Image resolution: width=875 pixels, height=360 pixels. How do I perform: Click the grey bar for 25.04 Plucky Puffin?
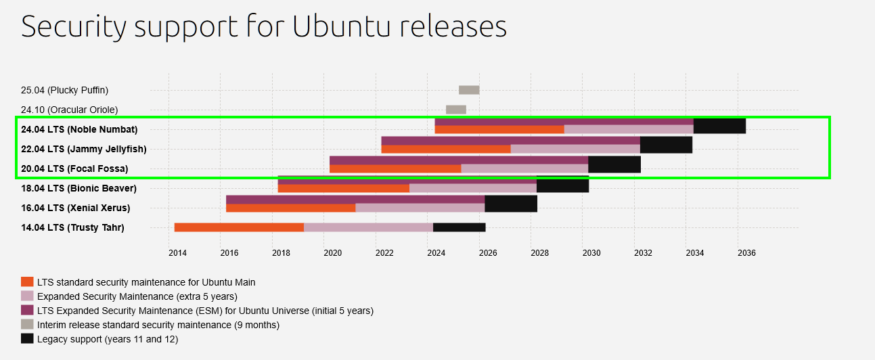click(x=469, y=90)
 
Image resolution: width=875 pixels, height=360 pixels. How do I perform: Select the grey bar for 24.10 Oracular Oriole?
click(x=455, y=110)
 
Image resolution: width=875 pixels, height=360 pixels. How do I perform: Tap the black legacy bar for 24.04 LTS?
click(x=719, y=126)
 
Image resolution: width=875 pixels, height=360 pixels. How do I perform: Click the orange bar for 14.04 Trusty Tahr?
click(x=239, y=227)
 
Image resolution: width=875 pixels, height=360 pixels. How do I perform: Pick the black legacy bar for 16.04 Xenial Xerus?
click(x=511, y=204)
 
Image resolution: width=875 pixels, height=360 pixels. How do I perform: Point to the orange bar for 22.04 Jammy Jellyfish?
click(x=445, y=150)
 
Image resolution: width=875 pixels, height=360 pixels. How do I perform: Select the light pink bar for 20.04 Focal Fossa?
click(x=524, y=169)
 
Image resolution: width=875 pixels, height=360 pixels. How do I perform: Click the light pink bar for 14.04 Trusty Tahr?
click(x=368, y=227)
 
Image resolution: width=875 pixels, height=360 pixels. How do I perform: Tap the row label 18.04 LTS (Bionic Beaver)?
click(x=78, y=188)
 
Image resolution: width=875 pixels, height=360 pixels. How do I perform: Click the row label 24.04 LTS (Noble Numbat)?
click(x=79, y=129)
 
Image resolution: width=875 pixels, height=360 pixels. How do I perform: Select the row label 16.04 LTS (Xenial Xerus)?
click(x=76, y=208)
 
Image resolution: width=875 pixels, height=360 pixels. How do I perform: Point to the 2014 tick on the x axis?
click(x=177, y=253)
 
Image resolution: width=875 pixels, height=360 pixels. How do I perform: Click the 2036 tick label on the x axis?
click(x=746, y=253)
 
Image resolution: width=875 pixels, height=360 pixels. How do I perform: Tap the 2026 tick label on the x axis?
click(x=488, y=253)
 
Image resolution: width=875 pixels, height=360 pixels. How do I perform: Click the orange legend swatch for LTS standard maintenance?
click(x=27, y=282)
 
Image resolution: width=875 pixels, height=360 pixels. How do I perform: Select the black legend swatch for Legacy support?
click(x=27, y=339)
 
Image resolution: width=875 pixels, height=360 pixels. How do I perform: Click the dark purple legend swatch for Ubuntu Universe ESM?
click(x=27, y=311)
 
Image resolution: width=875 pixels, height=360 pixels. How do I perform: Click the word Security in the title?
click(x=73, y=26)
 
